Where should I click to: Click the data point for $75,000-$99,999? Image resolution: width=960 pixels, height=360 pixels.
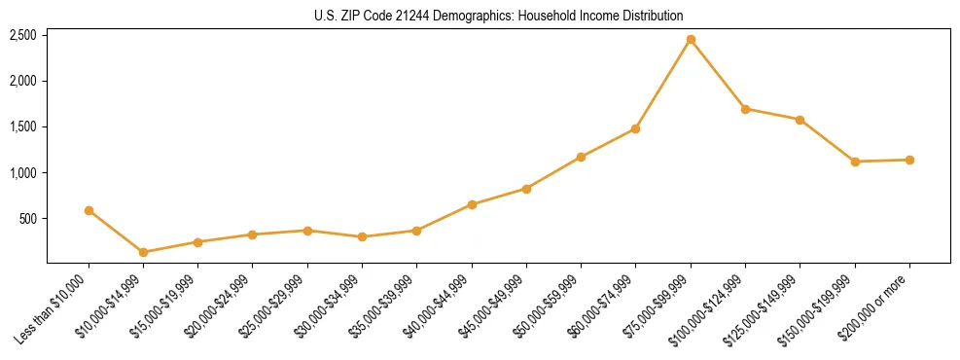691,39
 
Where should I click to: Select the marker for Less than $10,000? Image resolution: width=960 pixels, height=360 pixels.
89,210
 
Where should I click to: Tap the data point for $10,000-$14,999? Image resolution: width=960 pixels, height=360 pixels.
144,252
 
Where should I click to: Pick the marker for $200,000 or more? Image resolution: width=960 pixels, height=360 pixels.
909,160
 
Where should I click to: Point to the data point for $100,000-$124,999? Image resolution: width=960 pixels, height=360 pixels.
745,109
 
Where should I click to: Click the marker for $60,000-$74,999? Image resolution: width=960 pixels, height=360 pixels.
636,128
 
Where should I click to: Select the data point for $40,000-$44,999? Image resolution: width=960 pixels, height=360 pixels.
472,204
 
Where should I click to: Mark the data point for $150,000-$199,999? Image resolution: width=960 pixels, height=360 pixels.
855,162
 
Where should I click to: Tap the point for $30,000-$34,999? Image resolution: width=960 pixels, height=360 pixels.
363,236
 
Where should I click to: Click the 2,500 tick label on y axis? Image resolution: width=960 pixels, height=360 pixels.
22,35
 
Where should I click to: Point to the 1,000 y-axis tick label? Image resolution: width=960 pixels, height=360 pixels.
22,173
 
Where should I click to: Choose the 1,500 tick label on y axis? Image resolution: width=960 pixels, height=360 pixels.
22,127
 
